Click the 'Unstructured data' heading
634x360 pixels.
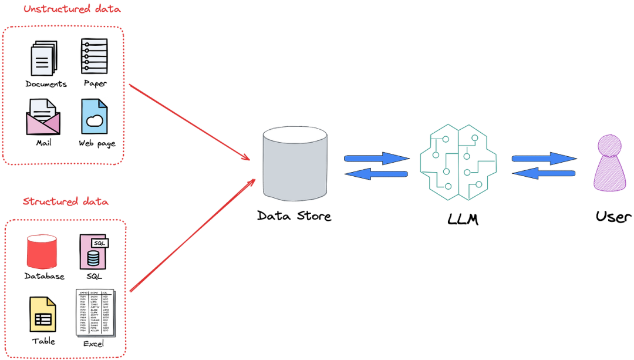tap(72, 10)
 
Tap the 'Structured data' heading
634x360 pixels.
tap(66, 202)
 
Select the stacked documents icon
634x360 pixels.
tap(43, 58)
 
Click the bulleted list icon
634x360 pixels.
tap(94, 56)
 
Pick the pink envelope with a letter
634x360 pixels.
tap(43, 116)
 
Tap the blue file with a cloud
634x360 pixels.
tap(95, 116)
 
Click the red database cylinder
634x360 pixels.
tap(42, 251)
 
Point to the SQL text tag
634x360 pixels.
tap(100, 243)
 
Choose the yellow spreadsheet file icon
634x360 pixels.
tap(43, 314)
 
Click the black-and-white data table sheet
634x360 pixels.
tap(96, 312)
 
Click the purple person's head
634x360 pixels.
tap(609, 146)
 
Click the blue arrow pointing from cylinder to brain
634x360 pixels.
tap(376, 157)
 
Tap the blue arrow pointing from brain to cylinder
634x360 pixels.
tap(376, 174)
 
